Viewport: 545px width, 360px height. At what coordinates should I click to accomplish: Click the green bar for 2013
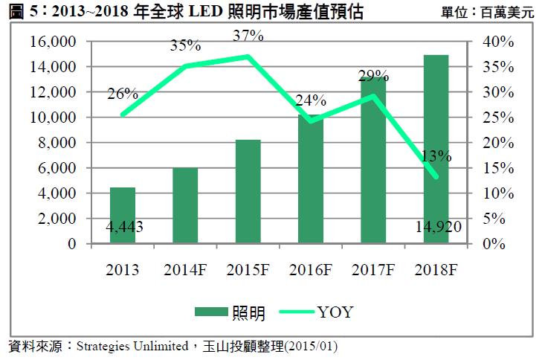[x=123, y=215]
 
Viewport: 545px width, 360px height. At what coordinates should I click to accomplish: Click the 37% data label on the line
[x=248, y=35]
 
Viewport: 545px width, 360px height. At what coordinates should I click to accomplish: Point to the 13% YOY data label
[x=436, y=156]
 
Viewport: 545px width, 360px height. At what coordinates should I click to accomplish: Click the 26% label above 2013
[x=123, y=94]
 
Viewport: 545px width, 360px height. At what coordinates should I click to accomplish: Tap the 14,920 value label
[x=436, y=227]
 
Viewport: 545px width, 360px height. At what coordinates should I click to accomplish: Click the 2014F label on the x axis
[x=186, y=268]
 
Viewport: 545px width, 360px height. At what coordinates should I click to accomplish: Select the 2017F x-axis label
[x=373, y=268]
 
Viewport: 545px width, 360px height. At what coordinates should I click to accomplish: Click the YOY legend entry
[x=312, y=312]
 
